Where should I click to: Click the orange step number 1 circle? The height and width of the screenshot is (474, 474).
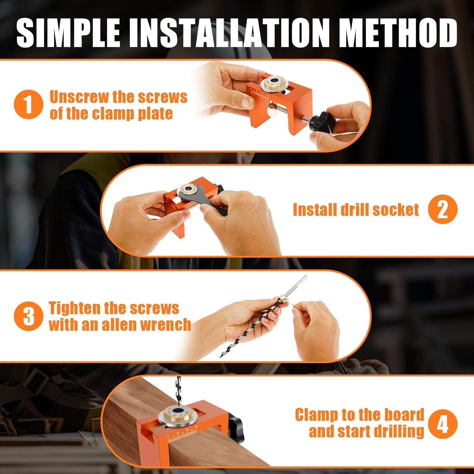28,105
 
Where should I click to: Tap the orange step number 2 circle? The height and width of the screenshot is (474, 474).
442,210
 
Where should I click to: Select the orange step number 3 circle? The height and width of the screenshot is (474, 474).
28,316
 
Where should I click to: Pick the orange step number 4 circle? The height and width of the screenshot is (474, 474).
442,423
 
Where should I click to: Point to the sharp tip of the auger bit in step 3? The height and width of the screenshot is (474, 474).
220,356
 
